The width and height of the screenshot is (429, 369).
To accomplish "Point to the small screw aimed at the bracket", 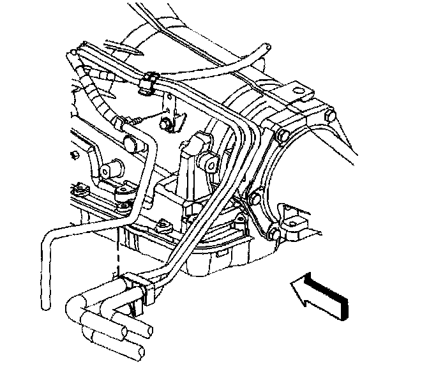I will [143, 120].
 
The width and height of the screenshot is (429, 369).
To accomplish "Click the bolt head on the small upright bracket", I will [168, 123].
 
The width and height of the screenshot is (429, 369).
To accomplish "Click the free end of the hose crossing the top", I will [264, 48].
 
